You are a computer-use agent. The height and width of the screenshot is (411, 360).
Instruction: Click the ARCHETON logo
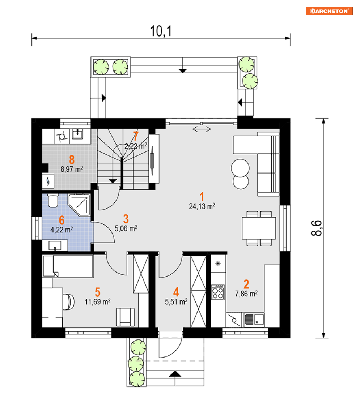tap(329, 11)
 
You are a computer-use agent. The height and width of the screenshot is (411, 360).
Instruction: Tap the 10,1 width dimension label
tap(161, 31)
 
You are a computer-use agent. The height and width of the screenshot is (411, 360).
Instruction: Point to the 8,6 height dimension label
tap(316, 228)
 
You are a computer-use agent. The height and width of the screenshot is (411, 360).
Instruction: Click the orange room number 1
tap(202, 196)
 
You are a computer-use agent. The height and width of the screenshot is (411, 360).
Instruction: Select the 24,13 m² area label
tap(202, 206)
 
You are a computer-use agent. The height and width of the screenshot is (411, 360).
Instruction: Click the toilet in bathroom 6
tap(53, 200)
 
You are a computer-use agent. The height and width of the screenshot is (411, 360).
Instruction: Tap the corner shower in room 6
tap(79, 205)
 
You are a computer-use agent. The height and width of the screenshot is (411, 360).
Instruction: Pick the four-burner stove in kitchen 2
tap(218, 292)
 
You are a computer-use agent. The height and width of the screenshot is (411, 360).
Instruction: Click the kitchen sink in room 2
tap(254, 320)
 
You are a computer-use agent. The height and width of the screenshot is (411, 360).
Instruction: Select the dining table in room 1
tap(259, 228)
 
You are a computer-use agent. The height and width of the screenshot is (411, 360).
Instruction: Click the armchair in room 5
tap(125, 317)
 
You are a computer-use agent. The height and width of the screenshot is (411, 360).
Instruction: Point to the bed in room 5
tap(68, 266)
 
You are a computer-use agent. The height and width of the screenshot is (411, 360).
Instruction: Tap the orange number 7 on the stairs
tap(136, 136)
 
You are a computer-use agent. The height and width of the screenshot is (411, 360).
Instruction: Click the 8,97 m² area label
tap(72, 169)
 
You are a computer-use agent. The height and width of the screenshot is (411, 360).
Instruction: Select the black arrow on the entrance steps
tap(175, 374)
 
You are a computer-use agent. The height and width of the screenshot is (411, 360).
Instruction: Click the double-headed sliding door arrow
tap(202, 129)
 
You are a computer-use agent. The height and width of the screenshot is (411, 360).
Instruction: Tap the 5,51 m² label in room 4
tap(176, 302)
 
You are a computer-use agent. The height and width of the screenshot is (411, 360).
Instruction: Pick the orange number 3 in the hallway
tap(126, 219)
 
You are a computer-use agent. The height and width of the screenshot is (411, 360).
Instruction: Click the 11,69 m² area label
tap(97, 302)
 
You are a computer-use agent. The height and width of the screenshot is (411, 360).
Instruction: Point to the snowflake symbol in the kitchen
tap(218, 264)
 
